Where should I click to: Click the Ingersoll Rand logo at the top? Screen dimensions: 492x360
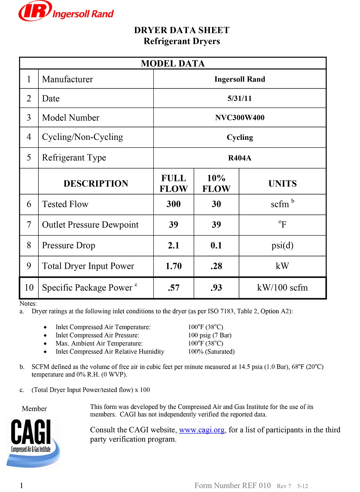66,12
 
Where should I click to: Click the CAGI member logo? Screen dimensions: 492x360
33,443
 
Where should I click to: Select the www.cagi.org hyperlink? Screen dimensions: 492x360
202,430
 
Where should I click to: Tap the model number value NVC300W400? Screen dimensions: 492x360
240,118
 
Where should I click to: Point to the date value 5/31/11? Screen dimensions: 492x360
240,99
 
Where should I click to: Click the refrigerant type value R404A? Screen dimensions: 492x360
240,158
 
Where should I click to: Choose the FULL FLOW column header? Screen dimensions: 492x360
174,183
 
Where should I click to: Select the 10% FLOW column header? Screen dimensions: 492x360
216,183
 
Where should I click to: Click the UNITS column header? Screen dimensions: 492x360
283,183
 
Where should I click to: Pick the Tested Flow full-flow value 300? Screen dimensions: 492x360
174,204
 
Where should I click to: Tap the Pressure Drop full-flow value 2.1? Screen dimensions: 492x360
174,246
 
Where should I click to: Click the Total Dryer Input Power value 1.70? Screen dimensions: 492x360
174,266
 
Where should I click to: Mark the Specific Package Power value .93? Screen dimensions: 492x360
216,288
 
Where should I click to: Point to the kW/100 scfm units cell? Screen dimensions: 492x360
283,288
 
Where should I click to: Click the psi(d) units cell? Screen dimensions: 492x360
283,246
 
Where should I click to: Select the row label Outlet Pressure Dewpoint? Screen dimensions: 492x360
90,225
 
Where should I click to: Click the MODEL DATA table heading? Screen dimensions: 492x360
173,64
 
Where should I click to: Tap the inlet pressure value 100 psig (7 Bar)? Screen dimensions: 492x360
210,335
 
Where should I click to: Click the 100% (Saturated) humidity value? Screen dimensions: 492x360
211,351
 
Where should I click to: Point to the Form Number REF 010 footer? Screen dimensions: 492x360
233,486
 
